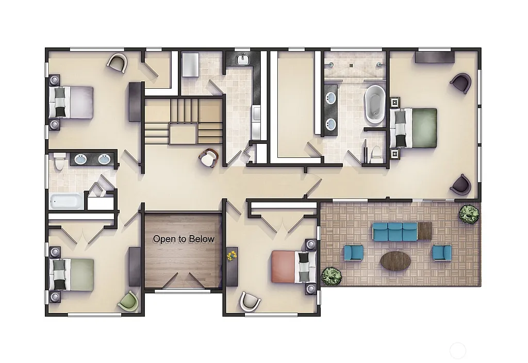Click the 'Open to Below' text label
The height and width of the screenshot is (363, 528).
tap(184, 239)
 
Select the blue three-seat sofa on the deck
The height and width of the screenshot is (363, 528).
tap(394, 232)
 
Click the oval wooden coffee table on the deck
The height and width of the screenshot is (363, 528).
tap(395, 261)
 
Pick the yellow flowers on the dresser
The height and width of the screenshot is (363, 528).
tap(232, 255)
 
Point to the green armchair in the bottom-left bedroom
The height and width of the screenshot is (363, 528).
tap(128, 301)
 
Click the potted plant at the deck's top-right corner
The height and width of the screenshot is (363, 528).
tap(469, 214)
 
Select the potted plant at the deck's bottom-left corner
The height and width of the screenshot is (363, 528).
tap(332, 276)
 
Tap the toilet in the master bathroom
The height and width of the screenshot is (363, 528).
tap(375, 153)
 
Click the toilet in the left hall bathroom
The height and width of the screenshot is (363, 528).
tap(59, 163)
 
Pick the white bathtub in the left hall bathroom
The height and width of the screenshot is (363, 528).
tap(66, 201)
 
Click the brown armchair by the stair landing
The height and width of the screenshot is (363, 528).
tap(208, 158)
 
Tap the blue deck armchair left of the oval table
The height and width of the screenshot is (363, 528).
tap(353, 252)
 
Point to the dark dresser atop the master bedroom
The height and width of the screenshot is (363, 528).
tap(434, 56)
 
